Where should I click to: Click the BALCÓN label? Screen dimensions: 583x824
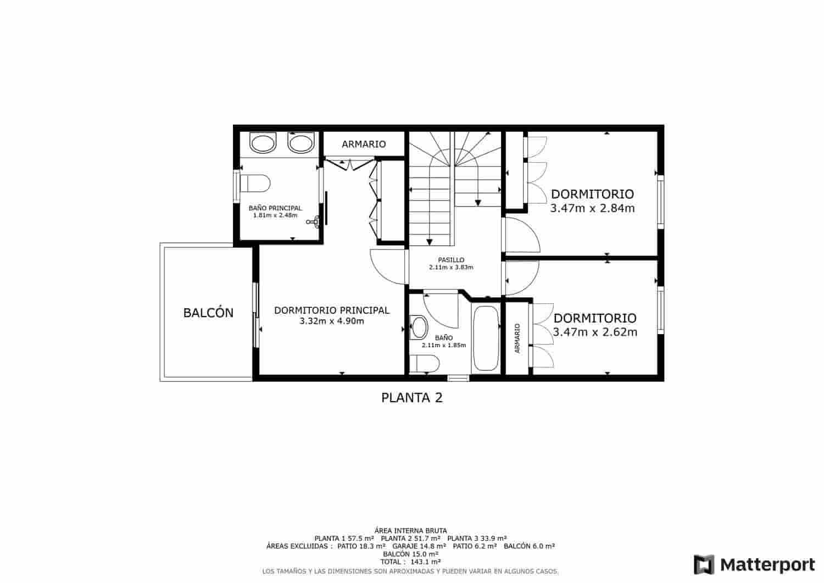[x=208, y=313]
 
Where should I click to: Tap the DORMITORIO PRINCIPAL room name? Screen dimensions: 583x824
[x=332, y=310]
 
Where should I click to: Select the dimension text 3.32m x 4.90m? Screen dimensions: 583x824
[x=332, y=321]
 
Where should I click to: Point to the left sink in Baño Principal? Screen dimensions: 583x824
[x=263, y=143]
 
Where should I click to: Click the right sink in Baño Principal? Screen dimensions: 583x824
[x=300, y=143]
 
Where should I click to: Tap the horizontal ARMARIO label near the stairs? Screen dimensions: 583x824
[x=364, y=145]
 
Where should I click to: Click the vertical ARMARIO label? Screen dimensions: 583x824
[x=517, y=338]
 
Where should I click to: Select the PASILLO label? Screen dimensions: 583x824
[x=451, y=260]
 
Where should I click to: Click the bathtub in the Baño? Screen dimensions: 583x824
[x=486, y=338]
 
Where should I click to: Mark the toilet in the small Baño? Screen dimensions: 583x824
[x=425, y=364]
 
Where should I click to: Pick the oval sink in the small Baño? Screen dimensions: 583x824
[x=419, y=327]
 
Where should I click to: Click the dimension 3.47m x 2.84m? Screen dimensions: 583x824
[x=592, y=209]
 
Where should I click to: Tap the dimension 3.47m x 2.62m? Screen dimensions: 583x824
[x=595, y=332]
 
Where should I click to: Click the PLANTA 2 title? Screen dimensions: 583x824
[x=412, y=397]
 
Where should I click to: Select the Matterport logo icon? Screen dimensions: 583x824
[x=704, y=564]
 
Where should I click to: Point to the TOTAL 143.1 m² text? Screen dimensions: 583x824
[x=410, y=562]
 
